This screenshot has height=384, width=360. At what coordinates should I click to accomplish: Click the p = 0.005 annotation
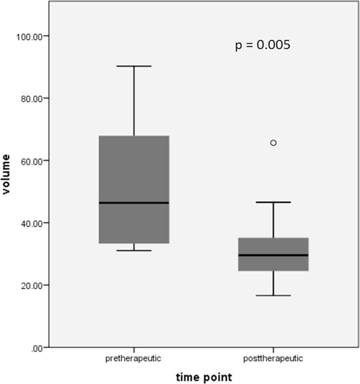262,45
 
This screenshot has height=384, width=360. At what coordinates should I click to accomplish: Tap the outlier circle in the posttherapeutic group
273,143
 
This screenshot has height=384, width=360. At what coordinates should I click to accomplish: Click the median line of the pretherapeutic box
134,203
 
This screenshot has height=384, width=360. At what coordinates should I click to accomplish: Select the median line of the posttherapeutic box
273,255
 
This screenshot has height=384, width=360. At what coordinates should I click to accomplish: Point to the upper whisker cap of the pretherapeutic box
134,66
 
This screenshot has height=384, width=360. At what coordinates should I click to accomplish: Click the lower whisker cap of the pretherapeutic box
134,250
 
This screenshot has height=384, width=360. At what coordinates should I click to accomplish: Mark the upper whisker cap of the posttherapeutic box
273,202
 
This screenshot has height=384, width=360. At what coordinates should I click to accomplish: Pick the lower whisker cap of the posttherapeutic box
273,296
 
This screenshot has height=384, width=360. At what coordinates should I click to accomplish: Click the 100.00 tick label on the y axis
31,36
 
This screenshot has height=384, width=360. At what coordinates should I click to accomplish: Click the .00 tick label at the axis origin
37,348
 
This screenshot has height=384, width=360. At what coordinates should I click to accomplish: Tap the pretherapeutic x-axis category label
134,358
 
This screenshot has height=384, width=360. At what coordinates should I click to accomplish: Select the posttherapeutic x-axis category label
273,358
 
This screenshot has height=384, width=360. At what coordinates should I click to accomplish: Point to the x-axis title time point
203,377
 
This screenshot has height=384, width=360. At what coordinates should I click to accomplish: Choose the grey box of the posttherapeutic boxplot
273,246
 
